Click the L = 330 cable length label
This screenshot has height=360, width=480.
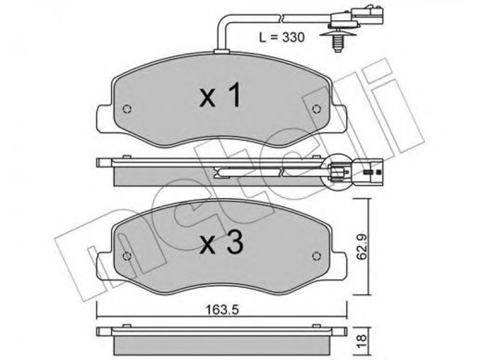[281, 37]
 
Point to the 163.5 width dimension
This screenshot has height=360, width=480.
[221, 310]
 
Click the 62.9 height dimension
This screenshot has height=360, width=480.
[362, 246]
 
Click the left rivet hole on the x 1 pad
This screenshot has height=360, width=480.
[127, 109]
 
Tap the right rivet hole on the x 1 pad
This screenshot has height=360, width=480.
[316, 109]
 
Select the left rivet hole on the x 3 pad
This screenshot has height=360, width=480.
[127, 256]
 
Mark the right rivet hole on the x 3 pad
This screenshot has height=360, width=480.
[316, 256]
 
